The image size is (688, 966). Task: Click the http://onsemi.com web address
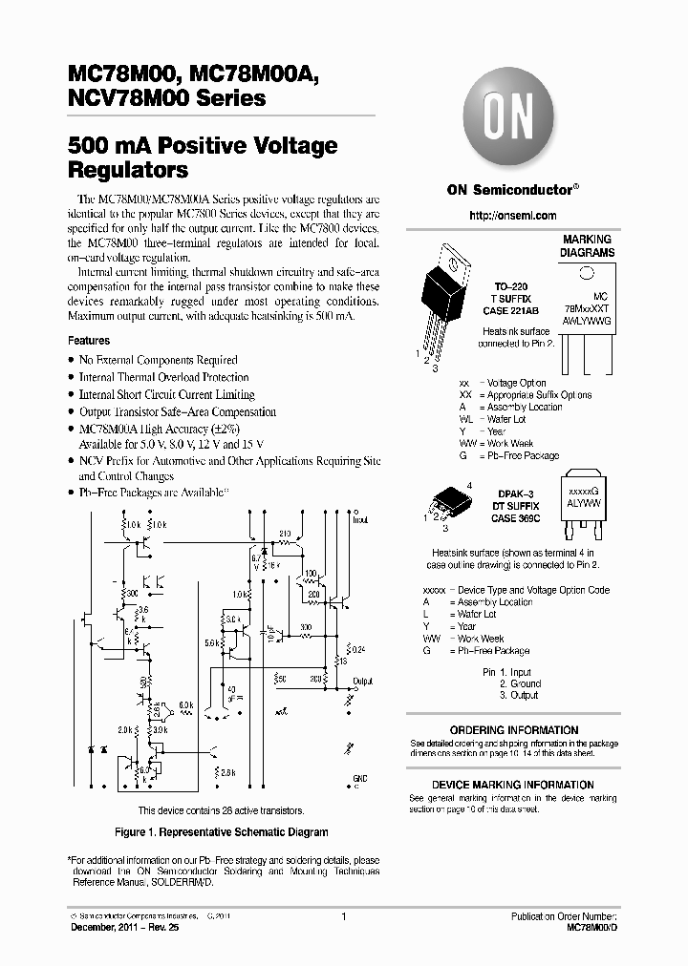tap(512, 216)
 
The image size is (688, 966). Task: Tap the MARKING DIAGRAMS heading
tap(588, 246)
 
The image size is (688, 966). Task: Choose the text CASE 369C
tap(516, 518)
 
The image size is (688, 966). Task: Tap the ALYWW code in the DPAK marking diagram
tap(582, 499)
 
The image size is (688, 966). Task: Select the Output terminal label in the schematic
tap(362, 682)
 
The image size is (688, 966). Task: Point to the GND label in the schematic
tap(359, 779)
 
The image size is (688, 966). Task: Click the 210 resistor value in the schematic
tap(284, 533)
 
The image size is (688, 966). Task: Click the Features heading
tap(89, 341)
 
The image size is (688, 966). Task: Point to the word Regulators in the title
tap(128, 171)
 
